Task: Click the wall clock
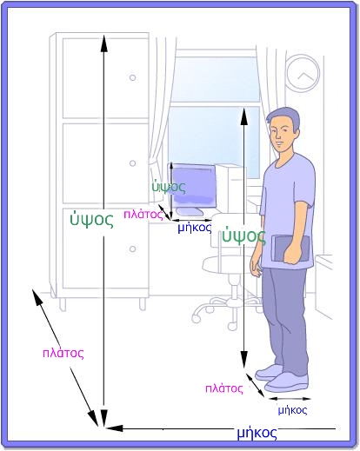(303, 73)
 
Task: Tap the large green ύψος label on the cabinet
(91, 220)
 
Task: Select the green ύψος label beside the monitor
(169, 187)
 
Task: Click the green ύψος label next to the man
(243, 236)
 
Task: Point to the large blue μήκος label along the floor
(257, 433)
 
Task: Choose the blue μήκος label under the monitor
(195, 228)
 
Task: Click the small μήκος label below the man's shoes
(292, 410)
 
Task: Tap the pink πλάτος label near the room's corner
(63, 354)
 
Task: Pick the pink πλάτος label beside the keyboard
(143, 215)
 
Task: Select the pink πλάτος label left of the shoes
(223, 388)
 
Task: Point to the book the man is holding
(291, 249)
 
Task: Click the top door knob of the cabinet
(133, 77)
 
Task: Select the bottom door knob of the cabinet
(133, 249)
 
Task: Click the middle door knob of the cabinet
(133, 163)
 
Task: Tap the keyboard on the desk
(190, 212)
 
